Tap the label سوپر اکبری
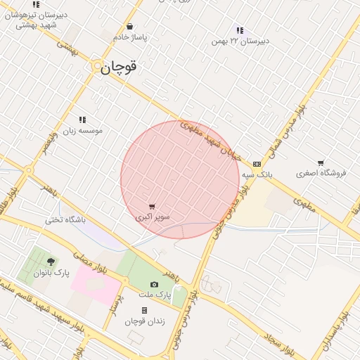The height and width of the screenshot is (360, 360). click(152, 217)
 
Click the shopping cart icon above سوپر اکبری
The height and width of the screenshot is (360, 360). click(152, 207)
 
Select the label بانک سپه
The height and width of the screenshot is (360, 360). click(257, 173)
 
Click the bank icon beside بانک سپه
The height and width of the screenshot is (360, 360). click(257, 163)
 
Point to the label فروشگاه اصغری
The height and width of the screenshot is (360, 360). click(321, 173)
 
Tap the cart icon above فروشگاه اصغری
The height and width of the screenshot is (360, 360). click(321, 163)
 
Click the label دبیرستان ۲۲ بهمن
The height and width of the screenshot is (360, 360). click(240, 41)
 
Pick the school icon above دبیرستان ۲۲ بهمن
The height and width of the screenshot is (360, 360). click(240, 30)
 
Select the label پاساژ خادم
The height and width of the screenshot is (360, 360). click(129, 37)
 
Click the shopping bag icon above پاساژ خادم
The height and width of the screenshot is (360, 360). click(129, 27)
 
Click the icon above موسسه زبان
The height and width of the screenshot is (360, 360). click(82, 120)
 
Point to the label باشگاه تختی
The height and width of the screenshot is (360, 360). click(65, 220)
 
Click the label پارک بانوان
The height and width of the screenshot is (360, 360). click(51, 272)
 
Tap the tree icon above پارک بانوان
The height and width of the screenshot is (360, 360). click(50, 262)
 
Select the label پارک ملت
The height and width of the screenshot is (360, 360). click(155, 295)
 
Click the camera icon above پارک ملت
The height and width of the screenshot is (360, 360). click(155, 284)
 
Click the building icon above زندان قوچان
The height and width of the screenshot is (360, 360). click(144, 310)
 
